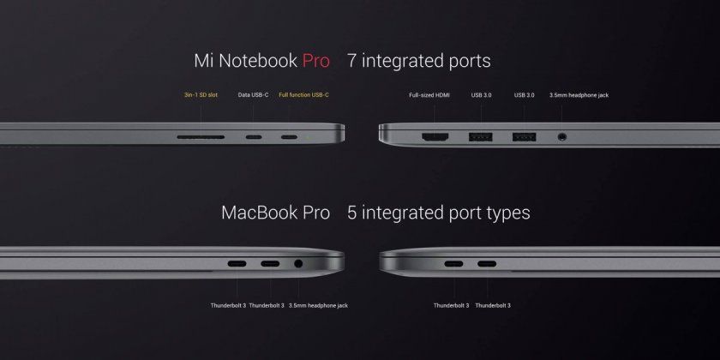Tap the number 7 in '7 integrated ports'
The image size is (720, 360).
pos(351,62)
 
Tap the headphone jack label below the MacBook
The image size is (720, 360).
pos(318,305)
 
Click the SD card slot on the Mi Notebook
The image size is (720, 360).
pos(201,136)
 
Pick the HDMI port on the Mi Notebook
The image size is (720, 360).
pos(433,135)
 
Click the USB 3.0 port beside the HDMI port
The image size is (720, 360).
pos(480,135)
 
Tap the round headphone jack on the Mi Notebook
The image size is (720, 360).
pos(561,135)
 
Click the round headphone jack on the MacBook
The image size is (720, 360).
pos(298,265)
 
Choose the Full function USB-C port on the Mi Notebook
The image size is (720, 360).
pos(290,136)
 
